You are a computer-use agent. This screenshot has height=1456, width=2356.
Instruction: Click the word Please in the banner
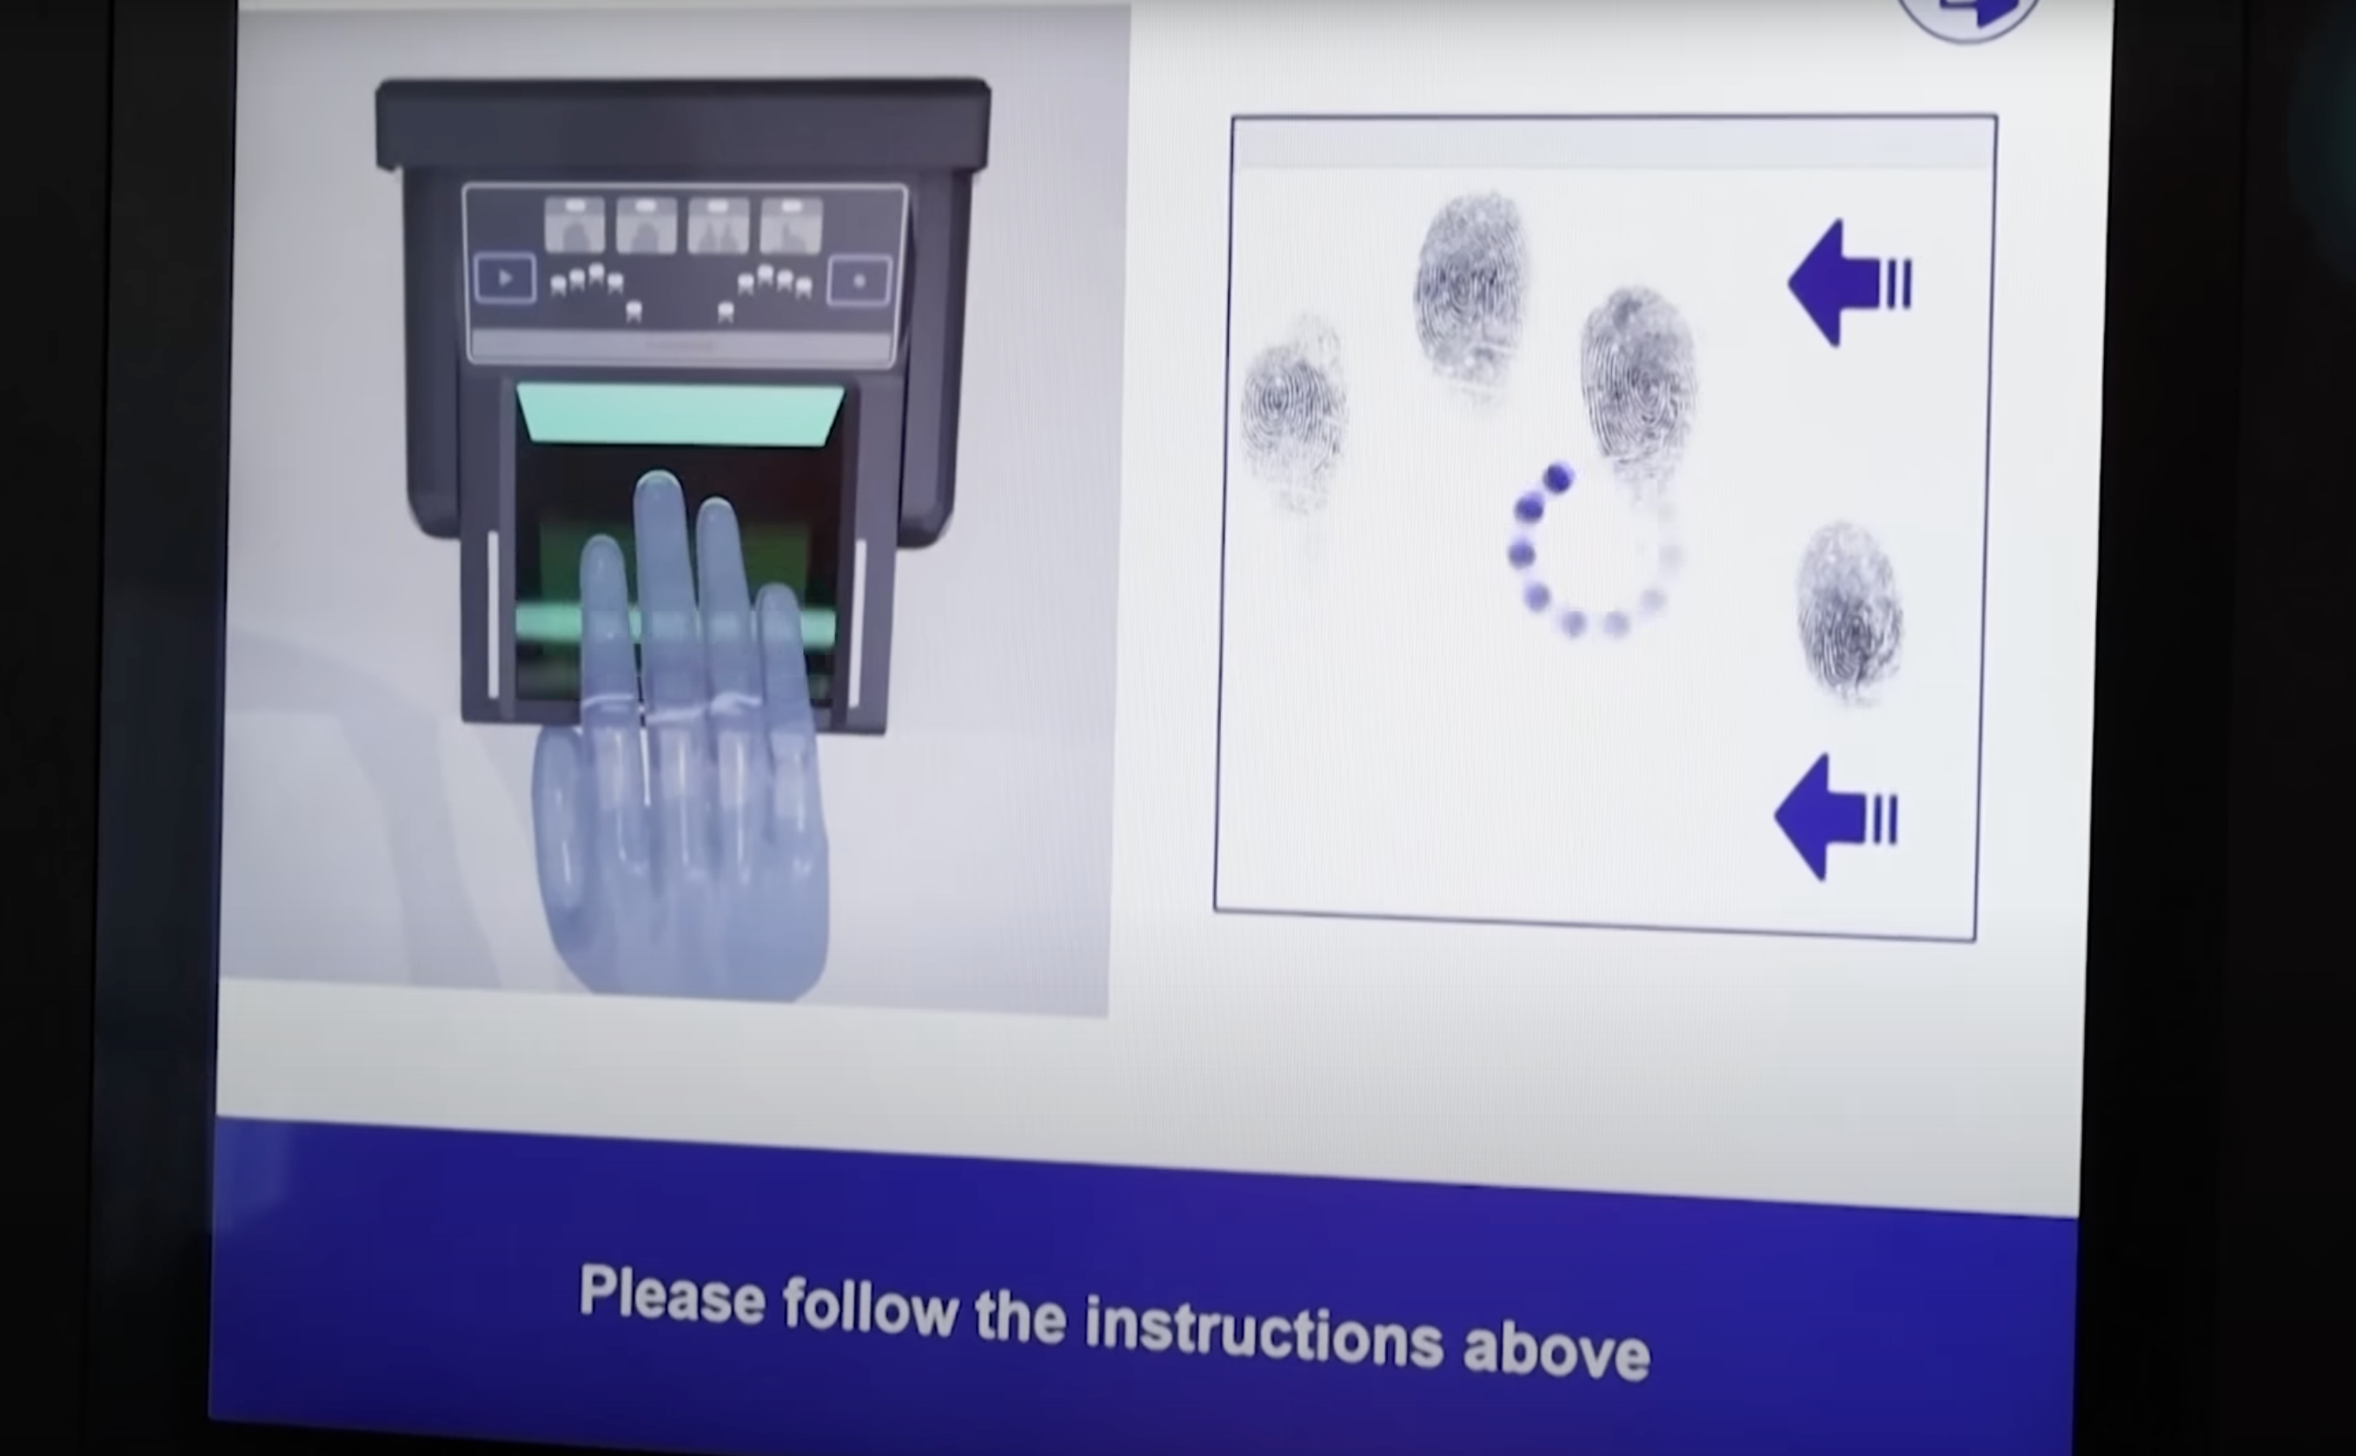click(671, 1296)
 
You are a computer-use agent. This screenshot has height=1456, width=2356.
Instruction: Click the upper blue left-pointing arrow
click(1849, 283)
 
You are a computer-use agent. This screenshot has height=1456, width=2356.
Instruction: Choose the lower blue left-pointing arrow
click(1836, 818)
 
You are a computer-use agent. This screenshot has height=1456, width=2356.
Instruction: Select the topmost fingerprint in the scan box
click(1470, 289)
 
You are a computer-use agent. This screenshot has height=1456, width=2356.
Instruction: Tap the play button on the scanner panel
click(506, 279)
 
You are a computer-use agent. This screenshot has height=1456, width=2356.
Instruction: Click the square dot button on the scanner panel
click(859, 281)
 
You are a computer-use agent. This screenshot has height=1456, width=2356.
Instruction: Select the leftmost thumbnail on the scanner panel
click(574, 225)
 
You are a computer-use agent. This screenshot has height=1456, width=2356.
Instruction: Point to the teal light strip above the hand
click(680, 414)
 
